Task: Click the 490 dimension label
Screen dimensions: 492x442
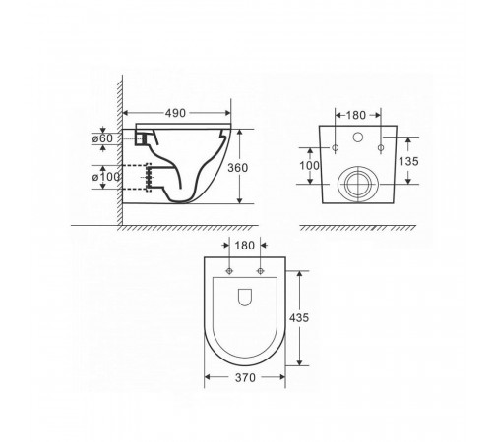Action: coord(175,113)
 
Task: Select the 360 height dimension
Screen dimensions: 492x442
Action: coord(238,168)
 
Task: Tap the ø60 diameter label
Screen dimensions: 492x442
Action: coord(102,138)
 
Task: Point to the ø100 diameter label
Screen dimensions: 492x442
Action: coord(106,177)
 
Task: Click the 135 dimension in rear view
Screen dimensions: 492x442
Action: coord(408,161)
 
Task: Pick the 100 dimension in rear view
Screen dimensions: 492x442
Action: coord(309,166)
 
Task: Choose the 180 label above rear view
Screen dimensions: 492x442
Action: coord(356,115)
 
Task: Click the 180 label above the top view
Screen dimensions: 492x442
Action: coord(245,246)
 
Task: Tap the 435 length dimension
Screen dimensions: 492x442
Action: coord(299,317)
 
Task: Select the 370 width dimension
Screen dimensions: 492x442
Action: coord(245,378)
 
